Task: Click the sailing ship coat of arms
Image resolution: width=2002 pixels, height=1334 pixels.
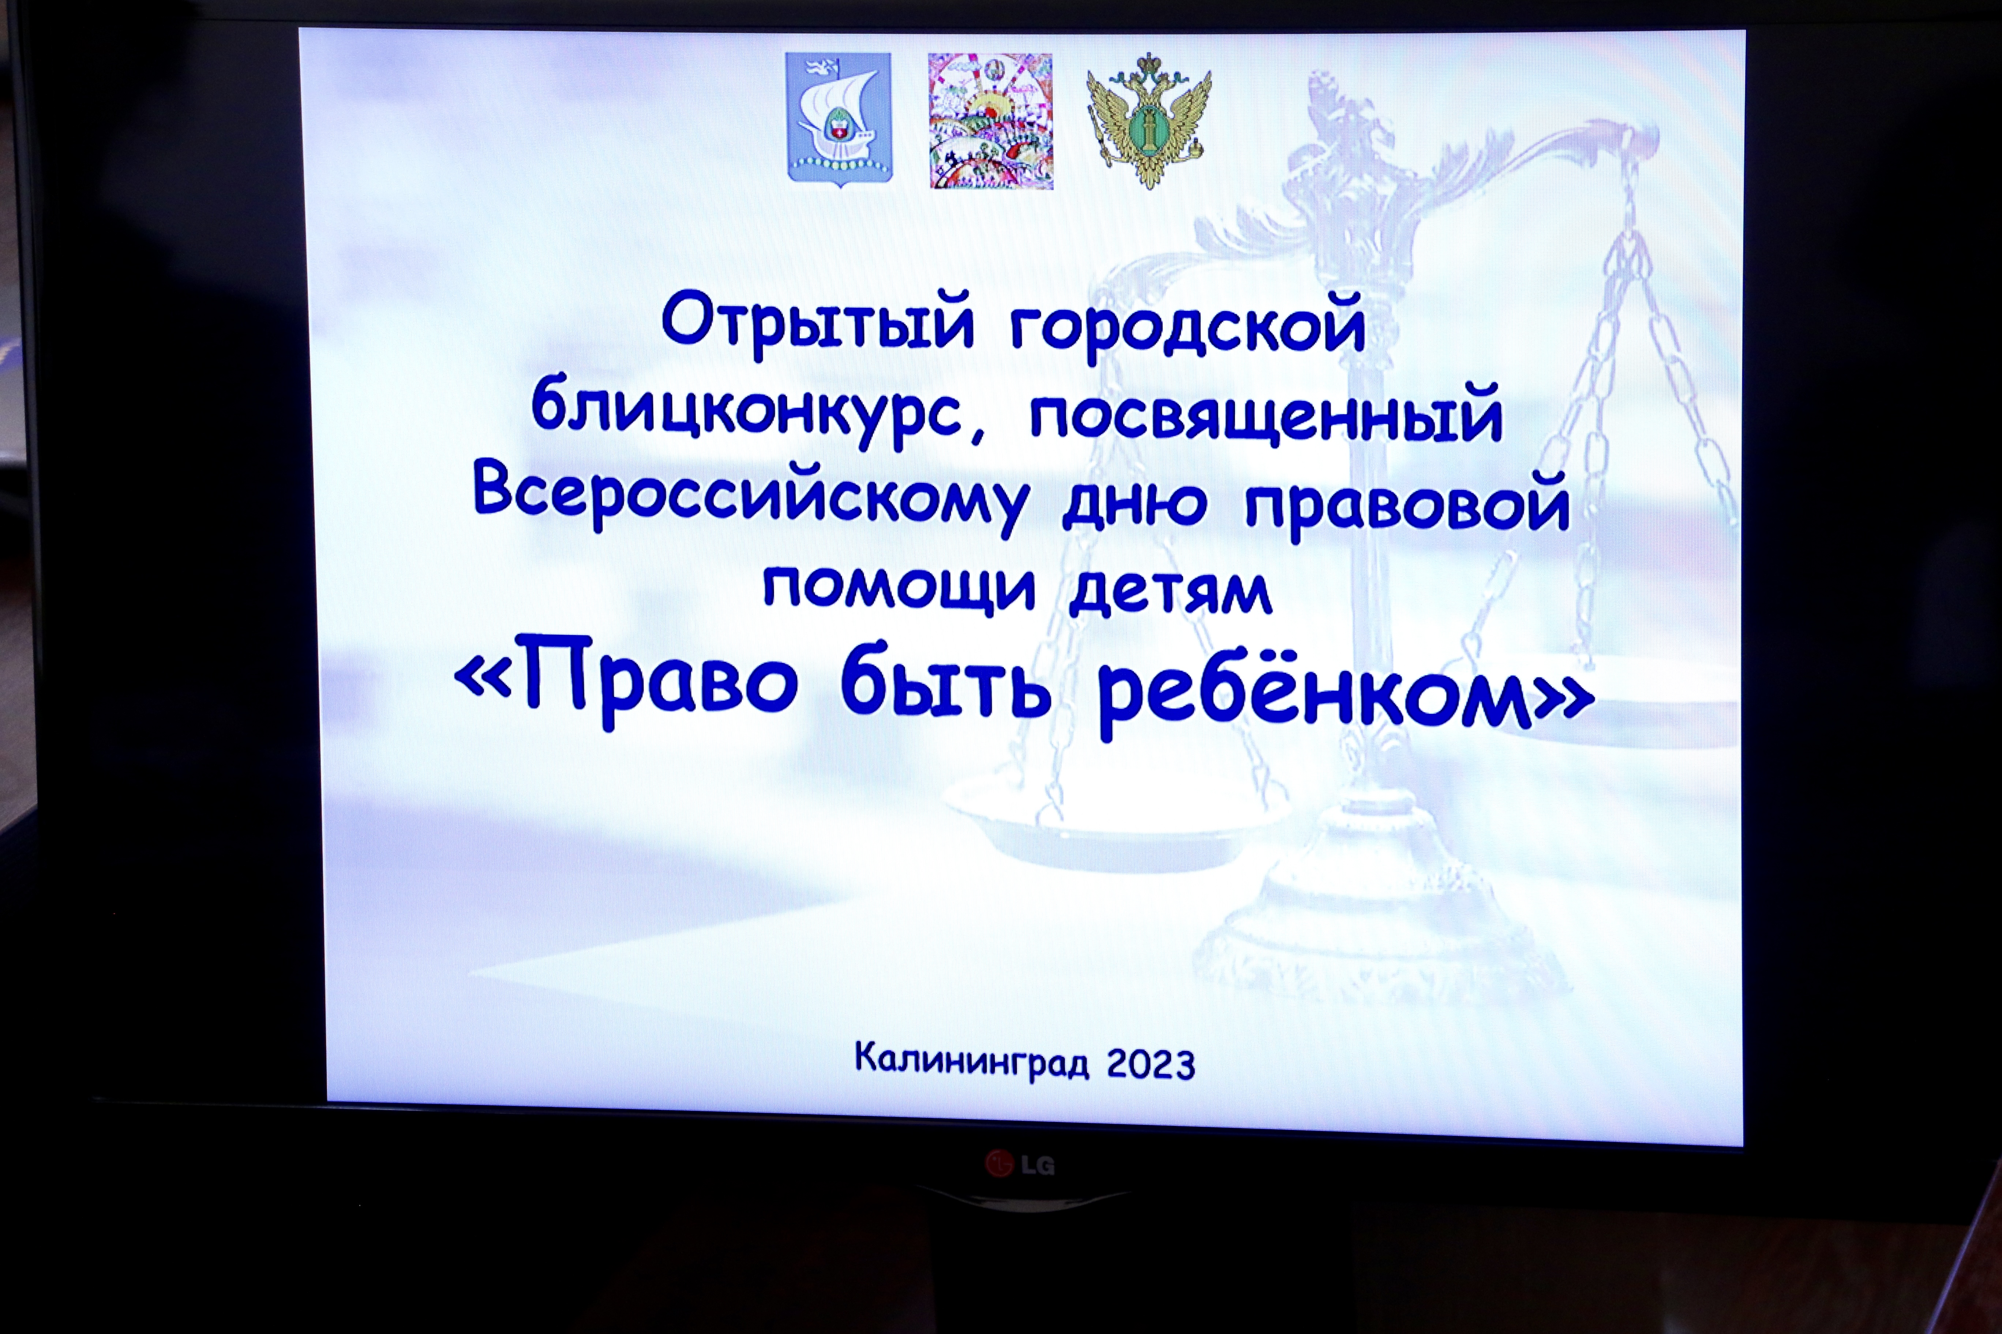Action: coord(839,119)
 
